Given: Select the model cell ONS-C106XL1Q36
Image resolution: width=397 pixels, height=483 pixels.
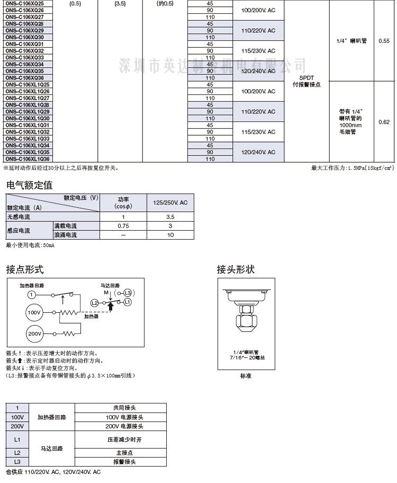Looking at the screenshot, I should (28, 159).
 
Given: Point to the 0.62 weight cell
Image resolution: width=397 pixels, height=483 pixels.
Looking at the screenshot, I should (384, 122).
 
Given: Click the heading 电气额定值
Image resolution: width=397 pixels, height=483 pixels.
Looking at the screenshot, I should (29, 185).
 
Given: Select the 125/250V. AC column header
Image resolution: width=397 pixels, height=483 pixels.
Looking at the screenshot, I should (170, 203).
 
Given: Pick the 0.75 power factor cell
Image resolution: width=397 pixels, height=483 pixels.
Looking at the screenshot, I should (123, 226).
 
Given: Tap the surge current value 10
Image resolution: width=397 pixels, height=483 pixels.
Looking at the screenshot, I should (170, 235).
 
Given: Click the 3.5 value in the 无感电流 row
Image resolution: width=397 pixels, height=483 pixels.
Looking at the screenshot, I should (170, 217).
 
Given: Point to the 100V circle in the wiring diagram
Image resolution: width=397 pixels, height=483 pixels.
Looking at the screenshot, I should (34, 313).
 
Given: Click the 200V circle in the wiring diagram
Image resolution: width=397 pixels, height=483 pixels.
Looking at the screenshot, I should (34, 334).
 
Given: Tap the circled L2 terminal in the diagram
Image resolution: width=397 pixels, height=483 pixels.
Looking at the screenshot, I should (94, 303).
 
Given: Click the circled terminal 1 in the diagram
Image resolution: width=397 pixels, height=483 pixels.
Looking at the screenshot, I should (32, 294).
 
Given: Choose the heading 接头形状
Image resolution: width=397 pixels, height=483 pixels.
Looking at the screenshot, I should (236, 270).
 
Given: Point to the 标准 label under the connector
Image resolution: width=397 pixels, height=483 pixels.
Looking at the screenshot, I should (245, 376).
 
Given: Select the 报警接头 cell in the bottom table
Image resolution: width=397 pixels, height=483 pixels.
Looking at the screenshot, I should (124, 462).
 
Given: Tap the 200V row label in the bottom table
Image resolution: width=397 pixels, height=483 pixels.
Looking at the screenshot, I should (17, 426).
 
